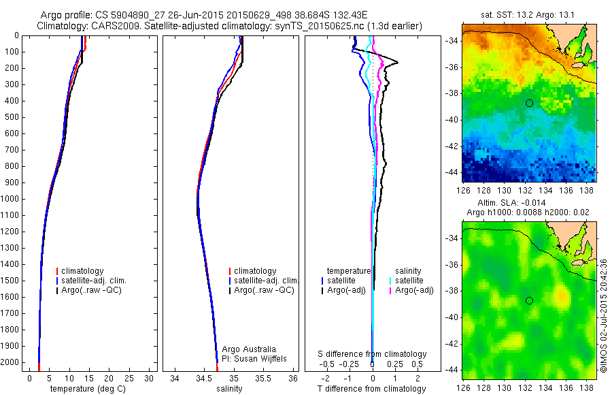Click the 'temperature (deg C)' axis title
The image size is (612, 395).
pos(88,389)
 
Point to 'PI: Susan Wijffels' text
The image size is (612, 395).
pos(255,358)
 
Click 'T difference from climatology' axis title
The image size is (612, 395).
pos(372,389)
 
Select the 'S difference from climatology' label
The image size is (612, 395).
pos(373,354)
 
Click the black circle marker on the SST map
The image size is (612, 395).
pos(529,103)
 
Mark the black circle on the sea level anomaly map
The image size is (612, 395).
pos(529,300)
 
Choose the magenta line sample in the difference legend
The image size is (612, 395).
pos(390,291)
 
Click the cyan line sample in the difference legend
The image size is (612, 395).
pos(390,281)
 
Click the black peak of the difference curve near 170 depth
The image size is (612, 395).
pos(397,63)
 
